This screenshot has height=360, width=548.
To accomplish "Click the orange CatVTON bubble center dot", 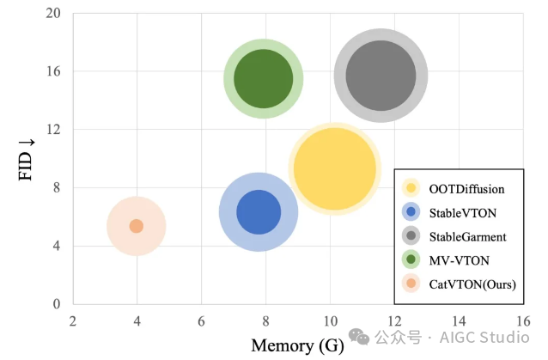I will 136,226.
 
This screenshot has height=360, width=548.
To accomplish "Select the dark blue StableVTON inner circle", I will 259,211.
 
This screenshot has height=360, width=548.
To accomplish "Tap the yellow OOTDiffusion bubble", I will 334,168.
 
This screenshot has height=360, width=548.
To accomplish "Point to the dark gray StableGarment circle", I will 381,75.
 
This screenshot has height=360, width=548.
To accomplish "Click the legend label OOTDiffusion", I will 466,188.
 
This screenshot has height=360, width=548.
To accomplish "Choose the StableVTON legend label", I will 463,211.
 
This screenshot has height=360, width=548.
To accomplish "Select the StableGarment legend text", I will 468,235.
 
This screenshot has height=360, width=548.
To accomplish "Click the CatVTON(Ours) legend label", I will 472,284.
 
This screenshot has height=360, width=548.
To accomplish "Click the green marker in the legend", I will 411,259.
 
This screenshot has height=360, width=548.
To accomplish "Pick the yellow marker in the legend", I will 411,188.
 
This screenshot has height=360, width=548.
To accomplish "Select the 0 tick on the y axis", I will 56,304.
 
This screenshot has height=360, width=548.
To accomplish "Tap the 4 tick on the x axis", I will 137,321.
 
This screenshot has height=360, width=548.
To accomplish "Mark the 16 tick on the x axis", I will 522,321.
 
